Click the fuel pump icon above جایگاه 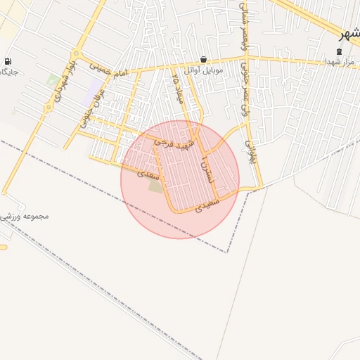[x=8, y=62]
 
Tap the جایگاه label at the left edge [x=8, y=72]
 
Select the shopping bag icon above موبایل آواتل [x=203, y=60]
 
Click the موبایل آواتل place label [x=203, y=70]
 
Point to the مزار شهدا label [x=342, y=63]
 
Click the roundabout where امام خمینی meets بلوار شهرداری [x=77, y=56]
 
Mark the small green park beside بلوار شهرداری [x=53, y=79]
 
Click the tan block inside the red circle [x=155, y=186]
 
